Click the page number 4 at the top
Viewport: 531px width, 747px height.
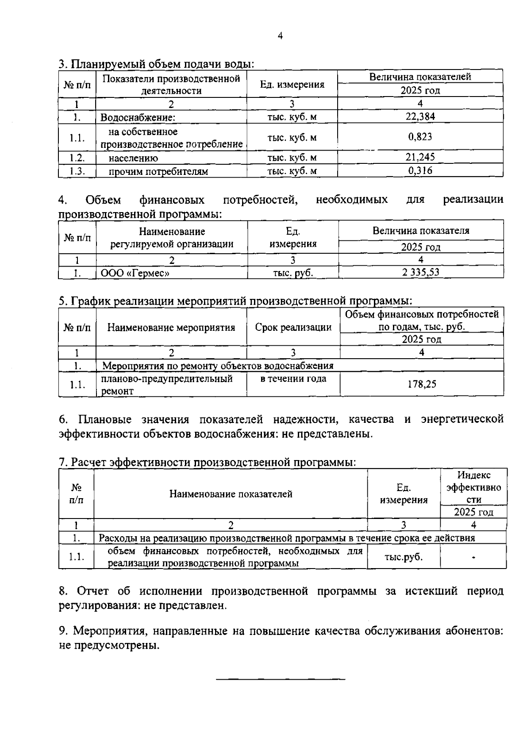280,36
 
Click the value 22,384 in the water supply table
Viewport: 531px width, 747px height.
420,116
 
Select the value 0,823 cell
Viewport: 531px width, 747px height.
420,137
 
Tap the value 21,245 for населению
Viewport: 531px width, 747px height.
420,157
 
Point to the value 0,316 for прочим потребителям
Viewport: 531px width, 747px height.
420,170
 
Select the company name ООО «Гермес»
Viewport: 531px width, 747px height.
135,273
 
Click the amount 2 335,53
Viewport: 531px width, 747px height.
420,272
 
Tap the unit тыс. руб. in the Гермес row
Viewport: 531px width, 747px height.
293,273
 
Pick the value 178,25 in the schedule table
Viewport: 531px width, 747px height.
422,384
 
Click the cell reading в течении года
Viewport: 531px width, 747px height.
293,379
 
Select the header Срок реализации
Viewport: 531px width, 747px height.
293,327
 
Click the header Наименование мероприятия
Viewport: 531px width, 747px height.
171,328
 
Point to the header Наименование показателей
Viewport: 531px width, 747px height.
231,494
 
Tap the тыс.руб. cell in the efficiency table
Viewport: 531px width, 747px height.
403,557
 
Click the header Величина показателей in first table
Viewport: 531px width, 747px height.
420,77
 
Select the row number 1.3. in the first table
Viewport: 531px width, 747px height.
77,171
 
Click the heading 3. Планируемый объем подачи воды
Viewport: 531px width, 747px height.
156,64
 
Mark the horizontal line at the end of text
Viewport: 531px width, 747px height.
281,678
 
